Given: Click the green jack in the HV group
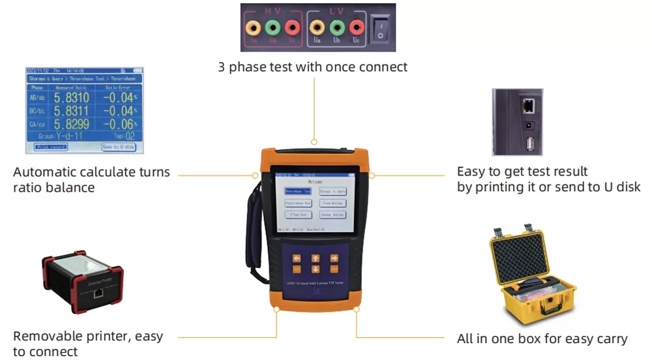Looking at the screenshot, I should [273, 27].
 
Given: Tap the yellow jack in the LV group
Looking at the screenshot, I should [317, 27].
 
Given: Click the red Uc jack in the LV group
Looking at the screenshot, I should [356, 27].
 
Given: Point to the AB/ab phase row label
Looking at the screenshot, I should [37, 98].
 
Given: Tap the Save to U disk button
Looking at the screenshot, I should [119, 147].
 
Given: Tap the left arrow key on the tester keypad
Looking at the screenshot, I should [297, 258].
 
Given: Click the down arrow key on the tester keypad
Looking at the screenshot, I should [316, 269].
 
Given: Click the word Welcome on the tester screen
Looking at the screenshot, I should [315, 182].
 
